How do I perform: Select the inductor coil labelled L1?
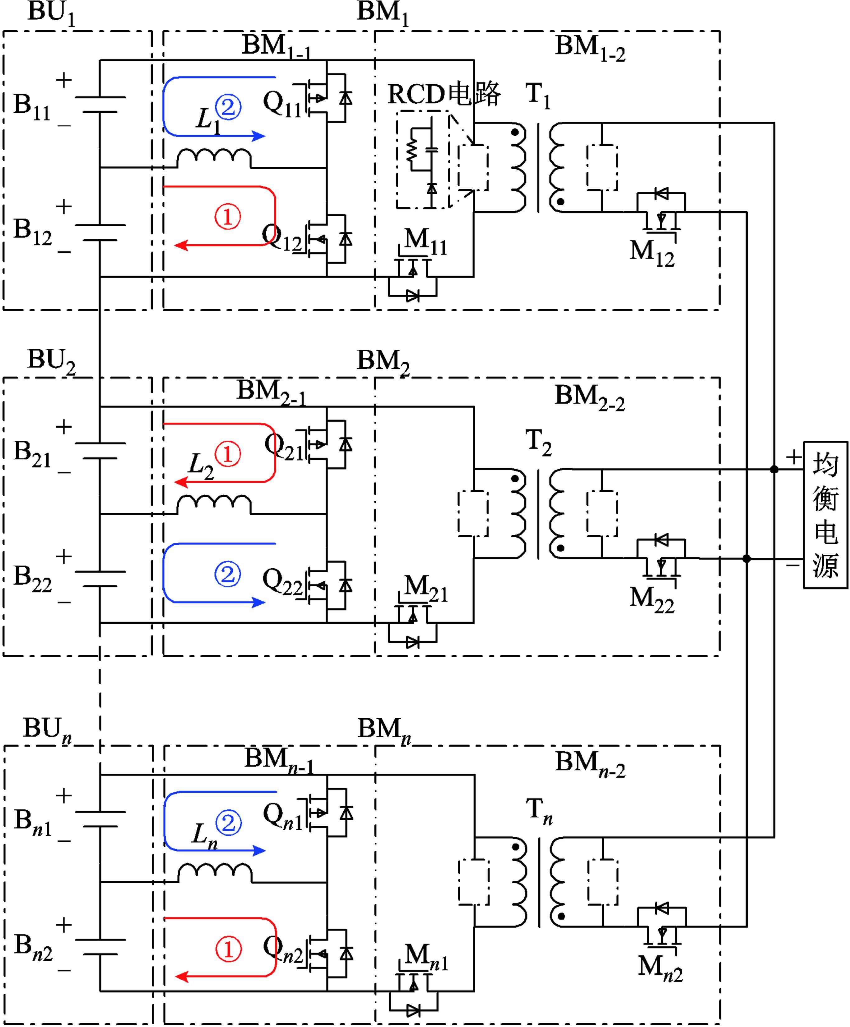point(214,158)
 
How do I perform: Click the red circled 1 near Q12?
point(227,217)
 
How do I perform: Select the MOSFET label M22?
point(652,599)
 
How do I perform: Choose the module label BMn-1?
point(279,761)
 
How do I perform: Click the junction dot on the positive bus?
point(774,470)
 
